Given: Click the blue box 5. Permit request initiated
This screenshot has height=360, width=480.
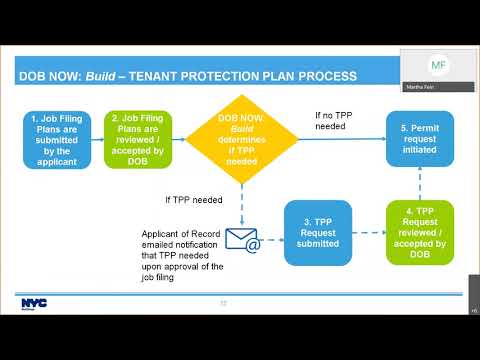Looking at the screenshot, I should pyautogui.click(x=419, y=138).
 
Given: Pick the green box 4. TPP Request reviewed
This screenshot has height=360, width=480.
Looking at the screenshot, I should pyautogui.click(x=419, y=233).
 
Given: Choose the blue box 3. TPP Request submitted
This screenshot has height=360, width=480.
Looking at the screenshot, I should pyautogui.click(x=317, y=233).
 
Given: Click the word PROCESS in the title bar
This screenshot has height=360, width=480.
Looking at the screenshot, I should pyautogui.click(x=323, y=76).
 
